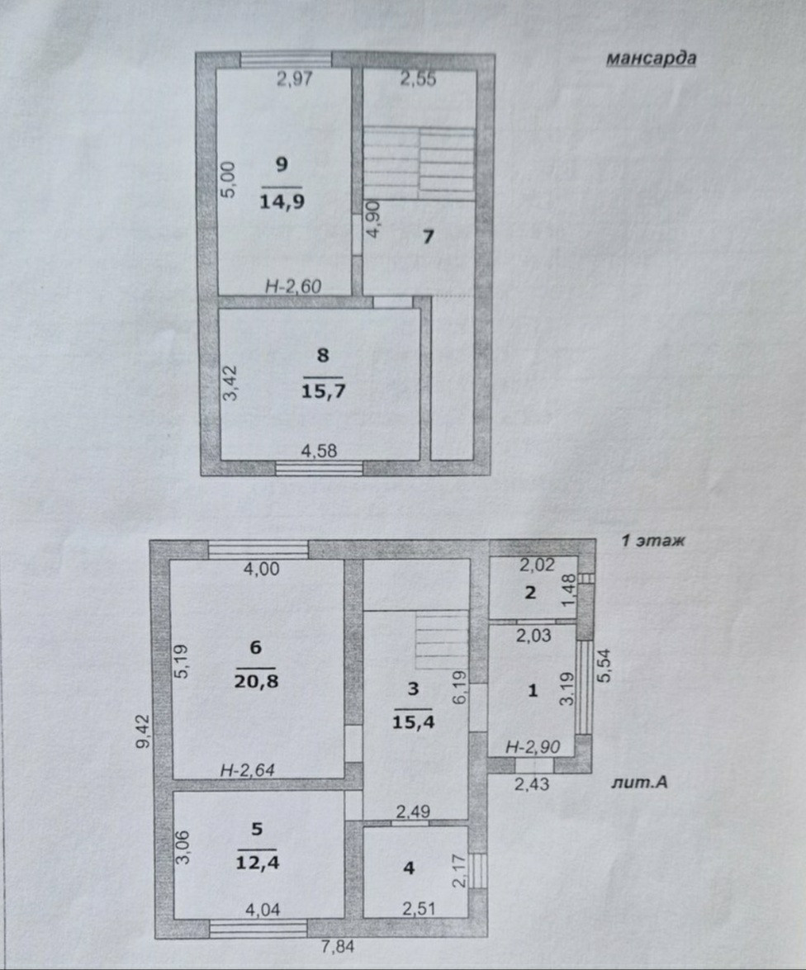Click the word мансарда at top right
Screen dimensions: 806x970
click(651, 59)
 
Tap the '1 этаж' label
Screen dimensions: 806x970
click(653, 541)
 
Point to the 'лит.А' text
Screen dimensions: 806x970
click(639, 783)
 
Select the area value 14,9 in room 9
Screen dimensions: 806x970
click(282, 201)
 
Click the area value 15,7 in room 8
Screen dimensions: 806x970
click(323, 391)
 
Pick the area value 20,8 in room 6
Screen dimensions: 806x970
click(256, 681)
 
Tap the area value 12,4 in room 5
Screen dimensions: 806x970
click(258, 862)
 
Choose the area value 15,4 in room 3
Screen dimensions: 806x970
click(413, 722)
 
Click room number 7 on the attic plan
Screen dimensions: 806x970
click(428, 236)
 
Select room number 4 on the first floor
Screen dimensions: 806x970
click(409, 868)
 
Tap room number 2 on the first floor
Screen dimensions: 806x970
click(530, 593)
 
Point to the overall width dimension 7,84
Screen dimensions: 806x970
click(338, 947)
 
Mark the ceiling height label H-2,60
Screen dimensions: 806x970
click(293, 286)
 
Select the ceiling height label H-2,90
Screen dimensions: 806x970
click(533, 746)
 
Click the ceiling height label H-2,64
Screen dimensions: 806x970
click(248, 770)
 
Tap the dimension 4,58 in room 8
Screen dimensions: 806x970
click(319, 451)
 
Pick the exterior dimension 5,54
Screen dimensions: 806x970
click(604, 665)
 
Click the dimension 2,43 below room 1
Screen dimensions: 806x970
click(532, 783)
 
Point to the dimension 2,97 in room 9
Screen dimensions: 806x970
click(295, 79)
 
